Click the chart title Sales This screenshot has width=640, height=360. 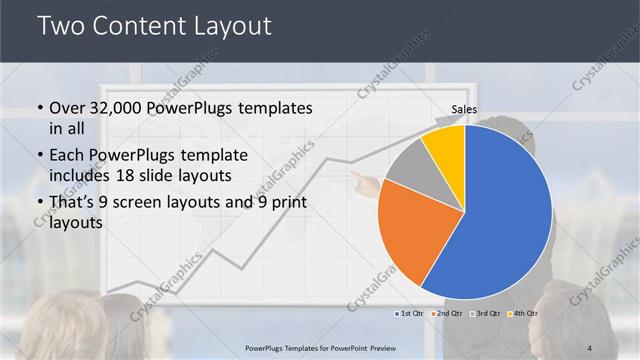point(464,110)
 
